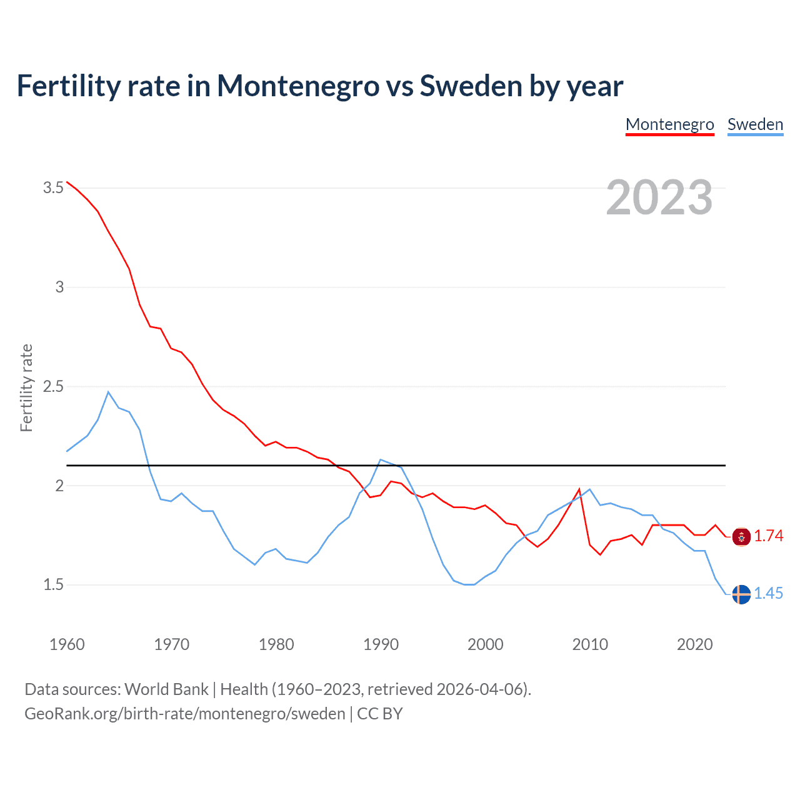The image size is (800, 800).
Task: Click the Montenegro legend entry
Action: click(x=669, y=124)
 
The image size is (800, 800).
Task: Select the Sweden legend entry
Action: click(x=755, y=124)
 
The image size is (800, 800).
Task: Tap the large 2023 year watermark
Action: click(x=659, y=197)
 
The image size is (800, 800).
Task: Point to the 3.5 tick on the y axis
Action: click(x=53, y=187)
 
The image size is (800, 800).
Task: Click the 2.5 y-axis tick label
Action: click(x=53, y=386)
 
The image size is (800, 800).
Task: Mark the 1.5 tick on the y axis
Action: click(x=53, y=585)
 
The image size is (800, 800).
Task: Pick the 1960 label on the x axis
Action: click(x=67, y=644)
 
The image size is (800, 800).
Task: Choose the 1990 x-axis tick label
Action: click(x=381, y=644)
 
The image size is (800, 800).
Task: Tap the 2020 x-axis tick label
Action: click(x=694, y=644)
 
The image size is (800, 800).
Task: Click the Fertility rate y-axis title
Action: click(x=26, y=387)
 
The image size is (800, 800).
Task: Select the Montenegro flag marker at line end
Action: click(x=741, y=536)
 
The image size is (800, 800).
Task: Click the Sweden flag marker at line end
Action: click(x=741, y=594)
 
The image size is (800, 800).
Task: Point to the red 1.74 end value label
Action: click(x=768, y=536)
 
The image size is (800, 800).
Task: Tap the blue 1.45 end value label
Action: click(x=768, y=594)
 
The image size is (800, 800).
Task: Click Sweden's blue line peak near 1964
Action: click(x=108, y=392)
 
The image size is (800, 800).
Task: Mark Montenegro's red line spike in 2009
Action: click(x=579, y=489)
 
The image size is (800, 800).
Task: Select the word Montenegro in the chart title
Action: click(x=297, y=86)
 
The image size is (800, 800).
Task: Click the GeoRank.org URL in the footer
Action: click(x=184, y=714)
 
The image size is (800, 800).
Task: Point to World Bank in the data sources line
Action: click(x=166, y=689)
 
